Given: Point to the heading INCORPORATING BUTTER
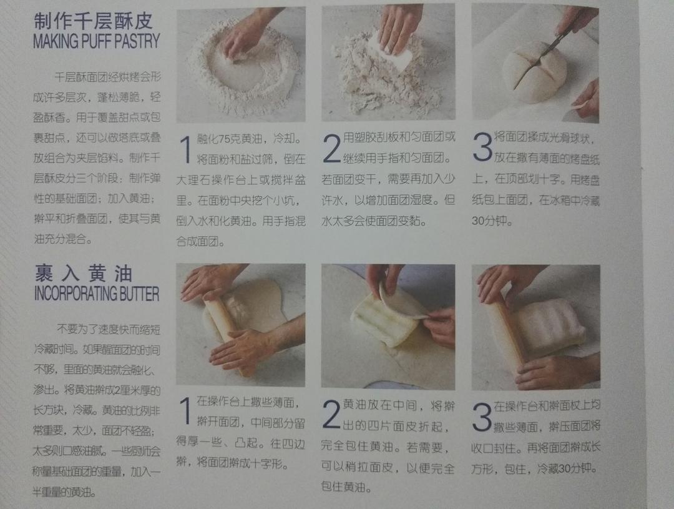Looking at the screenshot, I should pyautogui.click(x=96, y=294).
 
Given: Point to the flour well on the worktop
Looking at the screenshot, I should pyautogui.click(x=243, y=72).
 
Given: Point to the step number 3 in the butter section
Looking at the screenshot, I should pyautogui.click(x=482, y=417).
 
